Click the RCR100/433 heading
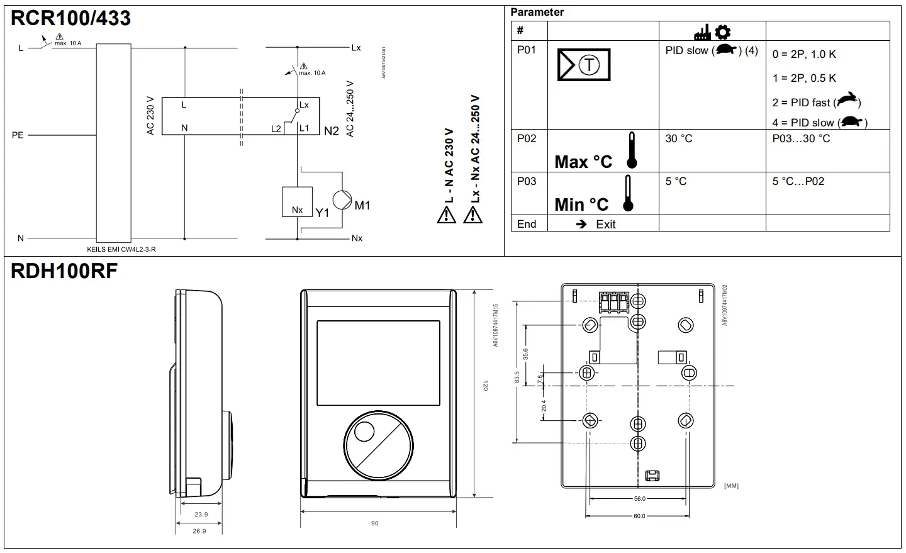pyautogui.click(x=70, y=18)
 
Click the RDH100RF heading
pyautogui.click(x=64, y=271)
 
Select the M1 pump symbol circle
pyautogui.click(x=342, y=199)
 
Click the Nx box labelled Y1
pyautogui.click(x=298, y=202)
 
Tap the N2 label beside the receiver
pyautogui.click(x=332, y=131)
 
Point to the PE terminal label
pyautogui.click(x=18, y=135)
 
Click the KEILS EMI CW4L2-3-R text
pyautogui.click(x=121, y=249)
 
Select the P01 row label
pyautogui.click(x=527, y=50)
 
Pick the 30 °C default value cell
pyautogui.click(x=679, y=138)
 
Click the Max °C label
pyautogui.click(x=583, y=162)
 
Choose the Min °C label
pyautogui.click(x=581, y=204)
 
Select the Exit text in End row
pyautogui.click(x=605, y=225)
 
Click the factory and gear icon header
pyautogui.click(x=712, y=31)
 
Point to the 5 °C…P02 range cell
pyautogui.click(x=798, y=181)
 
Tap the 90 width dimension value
pyautogui.click(x=375, y=523)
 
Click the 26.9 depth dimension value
pyautogui.click(x=199, y=531)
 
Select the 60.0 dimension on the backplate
pyautogui.click(x=639, y=516)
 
